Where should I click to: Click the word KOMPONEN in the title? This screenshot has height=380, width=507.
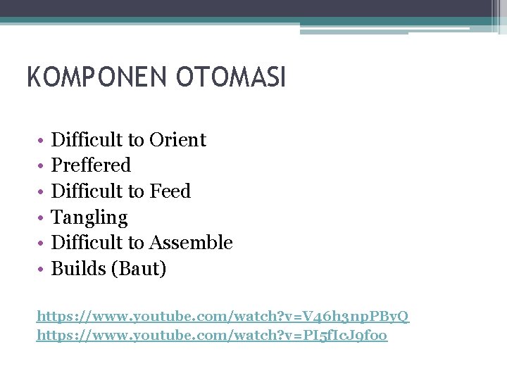click(x=98, y=77)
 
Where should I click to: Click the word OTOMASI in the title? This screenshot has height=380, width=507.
click(x=232, y=77)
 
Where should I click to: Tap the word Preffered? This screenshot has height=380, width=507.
click(x=92, y=165)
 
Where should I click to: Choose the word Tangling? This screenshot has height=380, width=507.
click(x=89, y=217)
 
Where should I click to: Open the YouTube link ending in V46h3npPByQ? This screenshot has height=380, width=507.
click(x=223, y=317)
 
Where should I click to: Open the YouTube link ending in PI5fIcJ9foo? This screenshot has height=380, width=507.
click(x=211, y=336)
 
